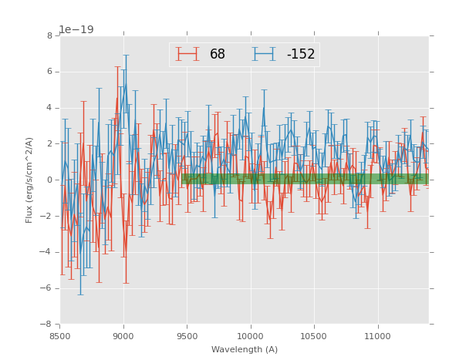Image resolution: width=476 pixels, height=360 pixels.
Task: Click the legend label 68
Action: click(x=218, y=55)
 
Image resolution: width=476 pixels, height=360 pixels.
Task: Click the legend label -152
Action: click(x=301, y=55)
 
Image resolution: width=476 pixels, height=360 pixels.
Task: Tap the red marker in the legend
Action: click(x=187, y=54)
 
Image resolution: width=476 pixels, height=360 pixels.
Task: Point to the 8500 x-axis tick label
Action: click(x=60, y=336)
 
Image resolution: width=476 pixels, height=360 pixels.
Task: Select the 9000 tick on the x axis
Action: click(x=123, y=336)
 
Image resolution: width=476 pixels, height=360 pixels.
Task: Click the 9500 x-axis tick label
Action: click(x=187, y=336)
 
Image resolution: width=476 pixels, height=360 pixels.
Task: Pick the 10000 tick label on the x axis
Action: click(x=251, y=336)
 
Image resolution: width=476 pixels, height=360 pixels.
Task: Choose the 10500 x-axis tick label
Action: click(x=314, y=336)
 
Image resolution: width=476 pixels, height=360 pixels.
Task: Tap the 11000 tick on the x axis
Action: click(x=377, y=336)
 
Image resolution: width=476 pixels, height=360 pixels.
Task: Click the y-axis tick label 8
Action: click(x=49, y=35)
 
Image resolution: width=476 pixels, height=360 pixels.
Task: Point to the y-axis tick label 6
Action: click(x=49, y=72)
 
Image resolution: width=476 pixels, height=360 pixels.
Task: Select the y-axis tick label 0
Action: click(x=49, y=180)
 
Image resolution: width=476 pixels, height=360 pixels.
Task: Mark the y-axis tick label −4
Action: click(x=47, y=252)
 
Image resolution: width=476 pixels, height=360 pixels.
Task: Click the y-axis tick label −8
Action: click(x=47, y=324)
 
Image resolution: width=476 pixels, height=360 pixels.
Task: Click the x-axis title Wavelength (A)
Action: click(x=245, y=350)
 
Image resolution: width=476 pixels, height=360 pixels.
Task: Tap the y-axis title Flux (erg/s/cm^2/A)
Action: click(x=29, y=180)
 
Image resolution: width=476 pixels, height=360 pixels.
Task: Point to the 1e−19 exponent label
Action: click(x=76, y=29)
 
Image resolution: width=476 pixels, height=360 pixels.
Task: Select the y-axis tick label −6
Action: click(x=47, y=288)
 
